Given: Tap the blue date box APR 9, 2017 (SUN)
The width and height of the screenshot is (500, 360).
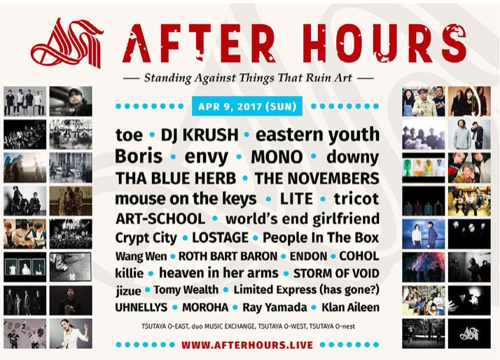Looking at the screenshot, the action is pos(247,106).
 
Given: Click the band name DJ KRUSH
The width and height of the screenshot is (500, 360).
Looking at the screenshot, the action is pos(200,134).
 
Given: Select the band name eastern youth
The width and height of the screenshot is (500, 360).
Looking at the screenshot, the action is pos(318,135).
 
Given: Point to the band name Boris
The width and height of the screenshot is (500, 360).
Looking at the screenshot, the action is pos(139,156).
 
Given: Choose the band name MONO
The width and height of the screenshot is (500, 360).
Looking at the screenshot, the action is pos(277,157).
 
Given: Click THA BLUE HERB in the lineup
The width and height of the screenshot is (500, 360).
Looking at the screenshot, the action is pos(176,178).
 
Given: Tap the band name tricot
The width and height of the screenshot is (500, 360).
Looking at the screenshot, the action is pos(356,199).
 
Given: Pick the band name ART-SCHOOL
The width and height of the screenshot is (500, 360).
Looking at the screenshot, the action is pos(160,219).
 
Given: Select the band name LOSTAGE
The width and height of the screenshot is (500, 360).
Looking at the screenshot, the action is pos(221,237).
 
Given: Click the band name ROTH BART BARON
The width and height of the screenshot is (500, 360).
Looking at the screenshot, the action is pos(228,256).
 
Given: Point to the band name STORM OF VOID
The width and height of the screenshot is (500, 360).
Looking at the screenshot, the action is pos(336,273).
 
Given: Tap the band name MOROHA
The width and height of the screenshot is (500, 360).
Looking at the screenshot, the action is pos(205,307).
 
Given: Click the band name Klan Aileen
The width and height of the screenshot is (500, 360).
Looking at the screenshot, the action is pos(350,307).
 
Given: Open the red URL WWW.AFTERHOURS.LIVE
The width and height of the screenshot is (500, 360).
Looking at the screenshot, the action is pos(247,345).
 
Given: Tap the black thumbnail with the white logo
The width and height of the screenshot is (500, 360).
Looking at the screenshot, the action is pos(469,333).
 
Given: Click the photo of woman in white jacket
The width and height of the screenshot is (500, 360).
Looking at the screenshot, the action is pos(71,333).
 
